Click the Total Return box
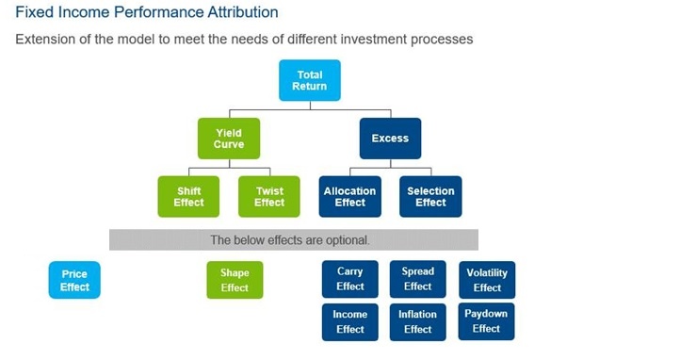point(309,80)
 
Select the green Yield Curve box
point(228,139)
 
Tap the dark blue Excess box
point(390,139)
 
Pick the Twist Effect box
point(268,196)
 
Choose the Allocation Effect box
point(349,196)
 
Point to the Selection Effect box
point(430,196)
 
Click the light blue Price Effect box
point(74,280)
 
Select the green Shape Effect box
point(235,280)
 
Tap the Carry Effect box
point(349,279)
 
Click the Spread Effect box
point(417,279)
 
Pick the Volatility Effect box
point(487,280)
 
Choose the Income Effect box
point(349,321)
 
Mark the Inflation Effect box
point(417,321)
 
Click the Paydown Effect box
point(487,320)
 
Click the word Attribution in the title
point(234,12)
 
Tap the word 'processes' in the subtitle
point(440,40)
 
